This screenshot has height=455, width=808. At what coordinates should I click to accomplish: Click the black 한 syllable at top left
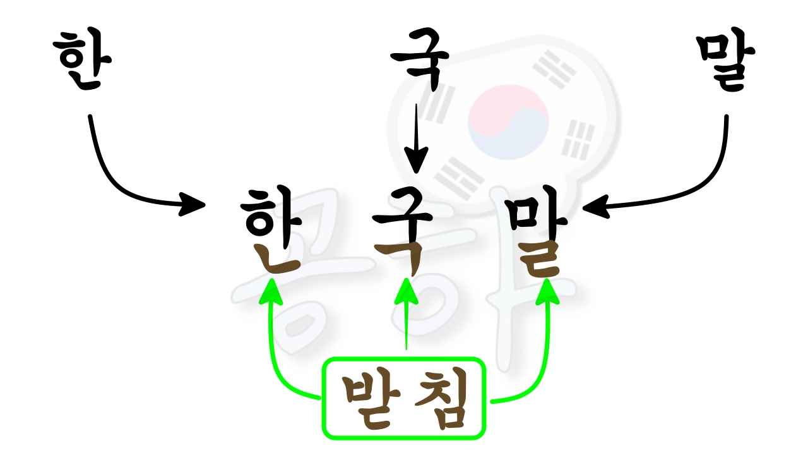click(x=82, y=59)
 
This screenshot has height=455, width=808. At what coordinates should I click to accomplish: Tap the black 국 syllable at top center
click(x=420, y=59)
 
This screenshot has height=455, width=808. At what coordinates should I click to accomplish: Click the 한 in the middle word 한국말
click(x=271, y=229)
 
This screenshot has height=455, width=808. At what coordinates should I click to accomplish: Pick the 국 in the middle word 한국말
click(x=402, y=231)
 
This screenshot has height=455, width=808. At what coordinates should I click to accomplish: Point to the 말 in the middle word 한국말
click(x=537, y=231)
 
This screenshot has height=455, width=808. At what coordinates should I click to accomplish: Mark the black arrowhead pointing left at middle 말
click(x=596, y=207)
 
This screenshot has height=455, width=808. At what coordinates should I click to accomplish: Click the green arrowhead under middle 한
click(x=271, y=291)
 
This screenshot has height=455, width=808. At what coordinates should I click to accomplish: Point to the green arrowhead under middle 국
click(x=407, y=291)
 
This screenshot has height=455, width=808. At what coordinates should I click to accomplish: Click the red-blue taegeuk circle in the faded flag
click(x=508, y=122)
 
